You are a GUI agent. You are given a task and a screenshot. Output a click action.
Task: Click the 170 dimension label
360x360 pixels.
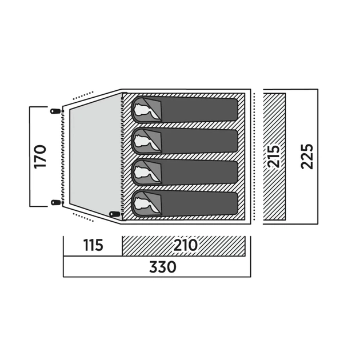40,157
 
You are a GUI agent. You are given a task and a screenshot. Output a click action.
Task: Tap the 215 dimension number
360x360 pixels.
274,157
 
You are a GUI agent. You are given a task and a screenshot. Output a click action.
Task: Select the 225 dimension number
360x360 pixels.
307,157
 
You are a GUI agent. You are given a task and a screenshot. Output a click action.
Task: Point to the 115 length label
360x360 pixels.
93,245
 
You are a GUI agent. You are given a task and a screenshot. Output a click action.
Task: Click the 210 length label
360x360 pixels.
186,245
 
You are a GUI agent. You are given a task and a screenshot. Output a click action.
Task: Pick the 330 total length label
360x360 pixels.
163,267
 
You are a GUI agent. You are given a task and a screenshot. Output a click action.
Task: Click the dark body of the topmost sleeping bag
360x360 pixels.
199,110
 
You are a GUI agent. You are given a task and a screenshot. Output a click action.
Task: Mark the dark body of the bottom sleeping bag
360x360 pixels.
199,204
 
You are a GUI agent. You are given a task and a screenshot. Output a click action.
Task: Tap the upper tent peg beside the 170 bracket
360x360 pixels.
55,111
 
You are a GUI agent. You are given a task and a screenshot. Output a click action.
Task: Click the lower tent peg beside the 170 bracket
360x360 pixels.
55,202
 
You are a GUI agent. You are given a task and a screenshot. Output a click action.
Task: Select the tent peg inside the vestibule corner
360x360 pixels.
114,214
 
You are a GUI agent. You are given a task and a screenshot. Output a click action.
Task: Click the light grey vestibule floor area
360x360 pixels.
95,156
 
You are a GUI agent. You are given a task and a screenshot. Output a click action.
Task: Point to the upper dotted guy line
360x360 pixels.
83,95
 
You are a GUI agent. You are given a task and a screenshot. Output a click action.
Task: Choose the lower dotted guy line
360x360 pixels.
83,217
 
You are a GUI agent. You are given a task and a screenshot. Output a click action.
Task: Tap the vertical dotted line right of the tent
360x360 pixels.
254,157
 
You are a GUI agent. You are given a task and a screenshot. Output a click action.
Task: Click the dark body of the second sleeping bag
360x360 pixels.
199,141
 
